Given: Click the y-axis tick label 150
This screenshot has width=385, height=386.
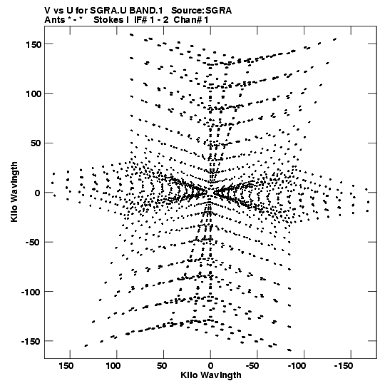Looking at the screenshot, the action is pos(33,44).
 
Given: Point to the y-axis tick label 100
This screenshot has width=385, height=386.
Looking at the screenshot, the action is pos(33,94).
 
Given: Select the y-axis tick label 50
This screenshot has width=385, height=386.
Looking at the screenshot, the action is pos(36,143).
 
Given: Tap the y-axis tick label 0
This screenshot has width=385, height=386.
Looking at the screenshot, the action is pos(38,193).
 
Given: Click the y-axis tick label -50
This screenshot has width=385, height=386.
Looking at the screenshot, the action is pos(34,243).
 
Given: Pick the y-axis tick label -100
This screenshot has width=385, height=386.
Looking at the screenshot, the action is pos(31,293).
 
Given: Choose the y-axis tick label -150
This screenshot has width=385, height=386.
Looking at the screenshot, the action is pos(31,342).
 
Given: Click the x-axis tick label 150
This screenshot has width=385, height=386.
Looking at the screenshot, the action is pos(66,366).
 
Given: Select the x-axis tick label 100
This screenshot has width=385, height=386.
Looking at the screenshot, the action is pos(113,366).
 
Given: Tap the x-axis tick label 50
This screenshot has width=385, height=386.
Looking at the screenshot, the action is pos(162,366).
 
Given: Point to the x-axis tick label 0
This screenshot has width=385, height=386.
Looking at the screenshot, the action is pos(210,366).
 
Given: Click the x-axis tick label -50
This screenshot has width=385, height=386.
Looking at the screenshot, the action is pos(252,366).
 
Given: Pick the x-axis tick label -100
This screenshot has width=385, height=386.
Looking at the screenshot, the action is pos(297,366).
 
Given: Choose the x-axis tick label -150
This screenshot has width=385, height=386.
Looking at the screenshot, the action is pos(344,366).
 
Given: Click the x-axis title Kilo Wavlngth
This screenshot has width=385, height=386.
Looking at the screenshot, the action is pos(211,375).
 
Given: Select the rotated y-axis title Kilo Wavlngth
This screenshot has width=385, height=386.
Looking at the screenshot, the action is pos(14,192).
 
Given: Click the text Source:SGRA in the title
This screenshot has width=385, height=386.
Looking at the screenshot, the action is pos(202,11).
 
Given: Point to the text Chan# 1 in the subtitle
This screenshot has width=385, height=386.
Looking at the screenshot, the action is pos(191,20).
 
